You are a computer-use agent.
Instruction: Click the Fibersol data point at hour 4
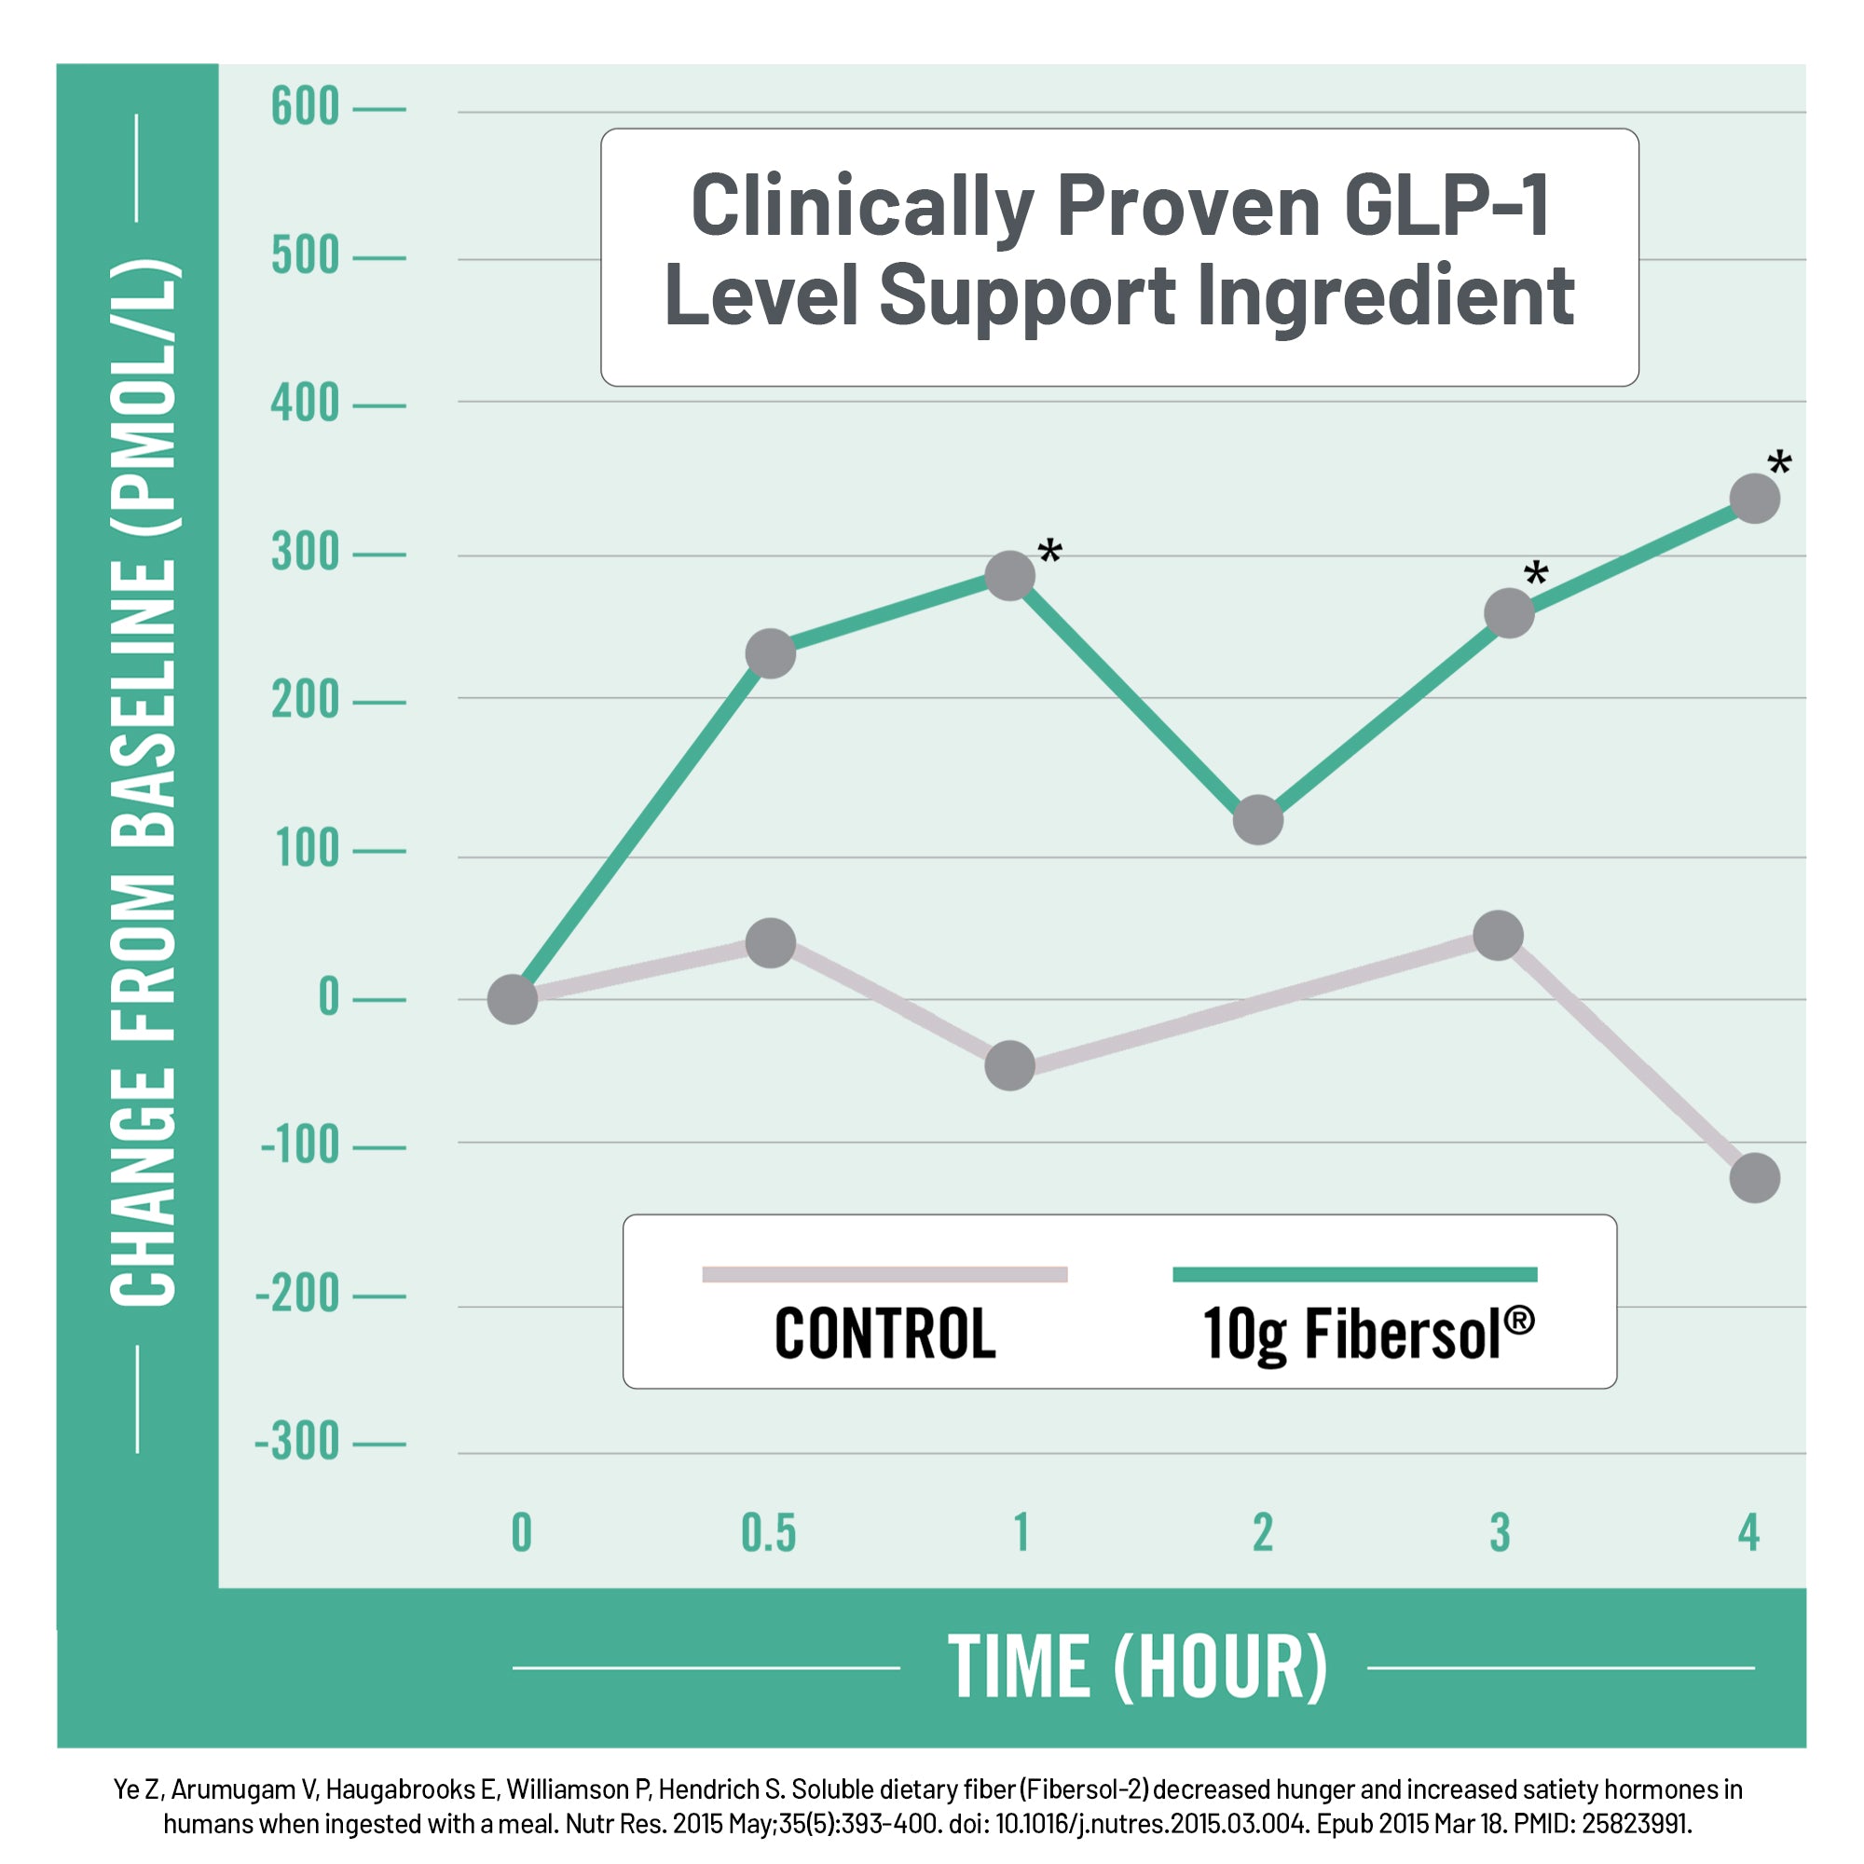pos(1754,499)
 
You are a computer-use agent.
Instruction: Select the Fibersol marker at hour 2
pos(1258,820)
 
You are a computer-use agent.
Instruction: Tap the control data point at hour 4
pos(1754,1178)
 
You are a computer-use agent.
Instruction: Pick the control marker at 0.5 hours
pos(771,942)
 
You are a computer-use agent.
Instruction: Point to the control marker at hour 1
pos(1010,1066)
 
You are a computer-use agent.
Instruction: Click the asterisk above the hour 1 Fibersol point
pos(1049,554)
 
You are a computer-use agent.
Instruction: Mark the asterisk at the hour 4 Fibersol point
pos(1779,465)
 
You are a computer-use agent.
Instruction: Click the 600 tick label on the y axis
pos(305,107)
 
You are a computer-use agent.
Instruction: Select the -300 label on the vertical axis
pos(297,1443)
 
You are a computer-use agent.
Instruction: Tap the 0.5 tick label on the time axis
pos(769,1533)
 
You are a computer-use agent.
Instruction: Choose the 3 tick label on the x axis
pos(1500,1533)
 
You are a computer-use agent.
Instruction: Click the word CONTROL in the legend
pos(884,1335)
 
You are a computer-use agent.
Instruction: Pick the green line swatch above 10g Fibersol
pos(1354,1274)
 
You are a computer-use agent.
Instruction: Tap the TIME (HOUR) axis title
pos(1137,1667)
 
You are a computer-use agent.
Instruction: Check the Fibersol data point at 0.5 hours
pos(771,653)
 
